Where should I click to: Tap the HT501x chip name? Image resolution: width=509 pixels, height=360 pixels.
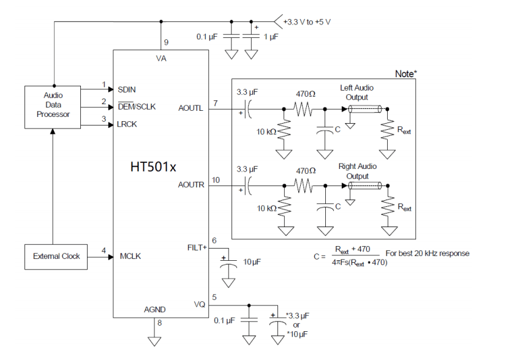click(153, 167)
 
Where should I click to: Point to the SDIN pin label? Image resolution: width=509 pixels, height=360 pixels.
click(127, 89)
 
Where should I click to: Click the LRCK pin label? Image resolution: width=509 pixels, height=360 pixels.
click(127, 124)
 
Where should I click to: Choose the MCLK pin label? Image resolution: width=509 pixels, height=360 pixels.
click(130, 256)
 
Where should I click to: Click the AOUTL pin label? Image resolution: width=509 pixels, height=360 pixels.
click(190, 108)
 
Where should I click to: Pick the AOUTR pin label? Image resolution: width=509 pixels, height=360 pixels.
click(191, 185)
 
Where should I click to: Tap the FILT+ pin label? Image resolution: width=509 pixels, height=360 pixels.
click(197, 248)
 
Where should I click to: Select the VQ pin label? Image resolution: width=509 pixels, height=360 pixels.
click(200, 304)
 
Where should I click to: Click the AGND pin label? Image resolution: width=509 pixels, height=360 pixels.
click(155, 310)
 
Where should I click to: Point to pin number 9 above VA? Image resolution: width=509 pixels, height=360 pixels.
click(166, 42)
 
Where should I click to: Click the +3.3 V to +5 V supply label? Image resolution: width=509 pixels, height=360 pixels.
click(307, 22)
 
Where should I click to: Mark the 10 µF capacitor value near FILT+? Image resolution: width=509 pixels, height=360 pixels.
click(252, 261)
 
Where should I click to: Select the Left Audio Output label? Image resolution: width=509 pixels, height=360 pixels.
click(356, 92)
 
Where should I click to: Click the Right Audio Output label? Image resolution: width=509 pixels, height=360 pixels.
click(358, 171)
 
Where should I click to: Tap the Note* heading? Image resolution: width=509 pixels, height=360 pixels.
click(405, 74)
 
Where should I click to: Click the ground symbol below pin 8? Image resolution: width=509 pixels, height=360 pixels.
click(154, 341)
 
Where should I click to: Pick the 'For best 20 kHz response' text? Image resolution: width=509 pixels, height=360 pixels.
click(427, 253)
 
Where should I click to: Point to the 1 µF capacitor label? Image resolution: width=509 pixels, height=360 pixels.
click(271, 37)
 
